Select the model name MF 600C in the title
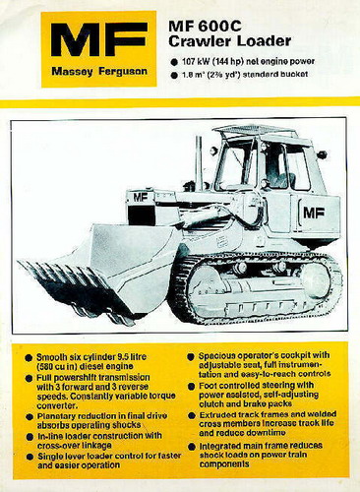(x=208, y=23)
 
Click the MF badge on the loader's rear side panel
(x=314, y=211)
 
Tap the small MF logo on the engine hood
(x=141, y=197)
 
